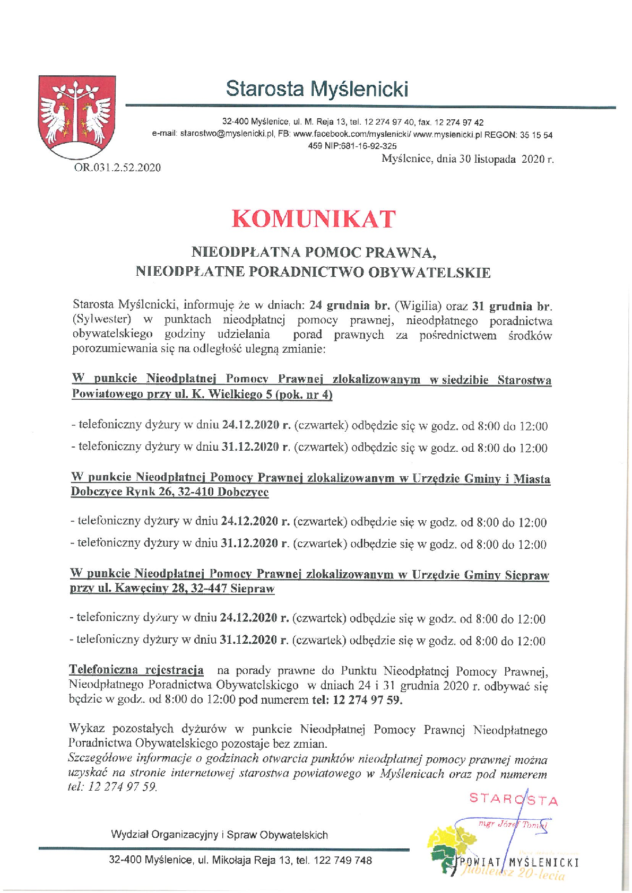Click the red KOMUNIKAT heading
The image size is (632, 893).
314,219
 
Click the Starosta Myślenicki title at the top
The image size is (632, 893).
317,89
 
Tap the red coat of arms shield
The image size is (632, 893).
77,116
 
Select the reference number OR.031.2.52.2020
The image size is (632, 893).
117,168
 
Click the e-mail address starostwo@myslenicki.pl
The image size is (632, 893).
227,134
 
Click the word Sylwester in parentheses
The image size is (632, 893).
101,320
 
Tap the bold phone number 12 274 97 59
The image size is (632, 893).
367,699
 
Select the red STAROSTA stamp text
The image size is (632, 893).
514,799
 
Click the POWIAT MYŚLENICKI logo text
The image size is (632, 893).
520,862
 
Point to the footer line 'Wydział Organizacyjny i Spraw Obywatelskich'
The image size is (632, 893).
219,835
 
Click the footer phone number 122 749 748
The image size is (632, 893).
343,860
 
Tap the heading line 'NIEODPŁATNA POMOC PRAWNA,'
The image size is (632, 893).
314,252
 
